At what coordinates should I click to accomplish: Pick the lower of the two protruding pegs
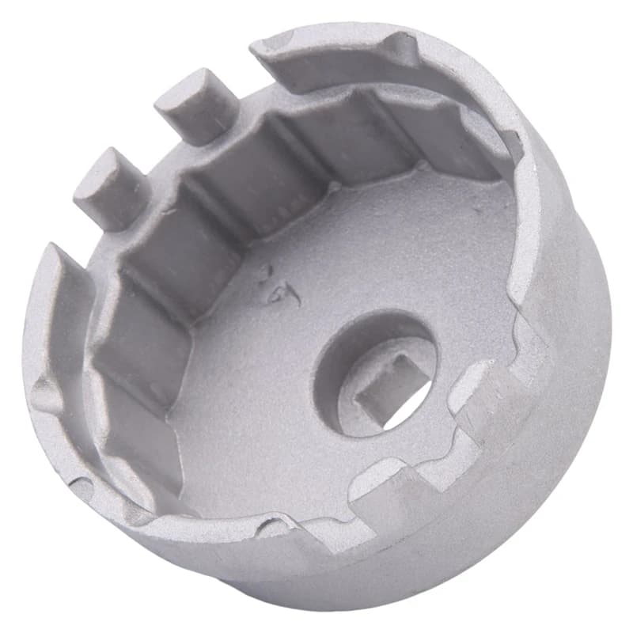[111, 187]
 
